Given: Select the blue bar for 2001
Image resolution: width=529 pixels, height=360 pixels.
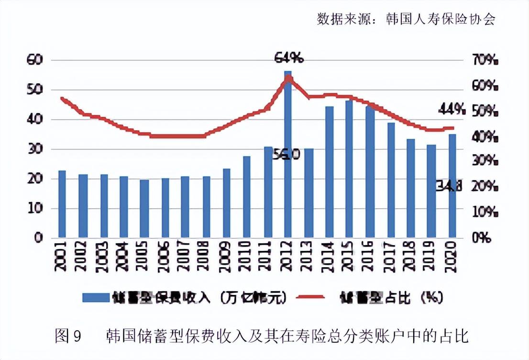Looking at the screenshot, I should (62, 204).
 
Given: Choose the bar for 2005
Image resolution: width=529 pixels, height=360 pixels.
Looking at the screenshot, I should (144, 209).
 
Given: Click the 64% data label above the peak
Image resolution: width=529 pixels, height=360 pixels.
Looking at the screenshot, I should (288, 58).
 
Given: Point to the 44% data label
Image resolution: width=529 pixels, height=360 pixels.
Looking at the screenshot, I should (452, 109).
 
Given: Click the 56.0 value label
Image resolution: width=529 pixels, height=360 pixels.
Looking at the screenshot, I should (287, 155).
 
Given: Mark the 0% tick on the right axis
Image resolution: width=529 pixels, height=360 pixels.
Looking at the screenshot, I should (482, 238).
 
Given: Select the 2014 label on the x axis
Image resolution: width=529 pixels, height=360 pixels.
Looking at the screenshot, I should (329, 259).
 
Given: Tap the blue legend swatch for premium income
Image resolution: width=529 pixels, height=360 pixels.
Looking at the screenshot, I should (95, 297).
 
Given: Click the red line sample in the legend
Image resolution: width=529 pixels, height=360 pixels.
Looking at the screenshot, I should (311, 297).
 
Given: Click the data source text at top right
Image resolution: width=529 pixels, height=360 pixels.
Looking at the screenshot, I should (406, 19).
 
